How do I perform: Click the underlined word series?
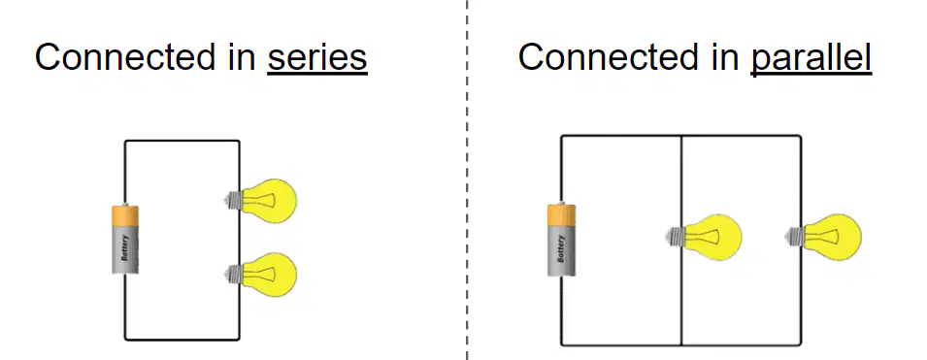pos(317,58)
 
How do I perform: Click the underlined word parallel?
pos(811,58)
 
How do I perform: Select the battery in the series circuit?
pos(125,240)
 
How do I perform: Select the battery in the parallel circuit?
pos(561,240)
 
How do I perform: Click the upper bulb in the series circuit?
pos(261,201)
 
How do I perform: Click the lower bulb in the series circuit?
pos(261,275)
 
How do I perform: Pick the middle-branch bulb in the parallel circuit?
pos(704,237)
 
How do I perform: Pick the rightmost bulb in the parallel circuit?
pos(823,237)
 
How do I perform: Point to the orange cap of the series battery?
pos(125,214)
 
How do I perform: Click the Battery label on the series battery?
pos(125,248)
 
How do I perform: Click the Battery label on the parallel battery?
pos(561,248)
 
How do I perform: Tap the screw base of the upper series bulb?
pos(234,201)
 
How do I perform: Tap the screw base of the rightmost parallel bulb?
pos(795,237)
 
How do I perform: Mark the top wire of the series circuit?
pos(182,141)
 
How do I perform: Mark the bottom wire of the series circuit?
pos(182,340)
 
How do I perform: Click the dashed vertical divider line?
pos(467,180)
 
